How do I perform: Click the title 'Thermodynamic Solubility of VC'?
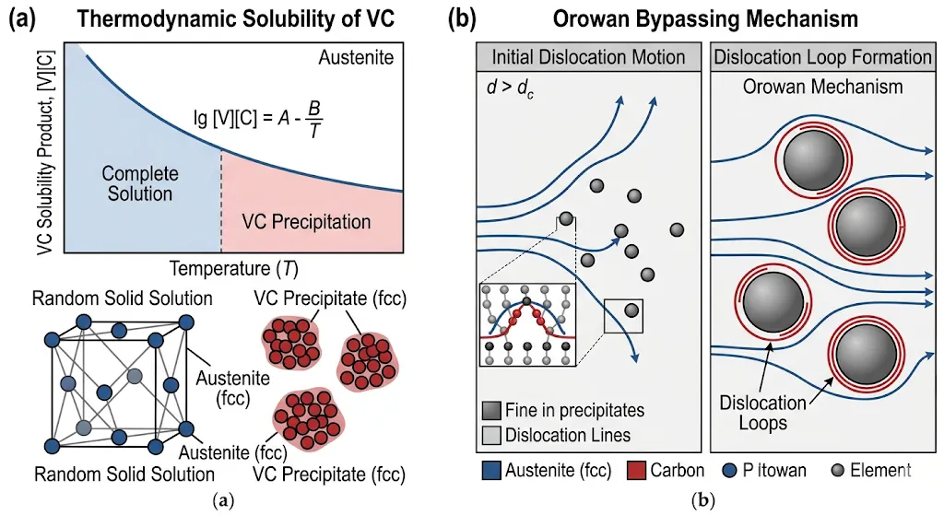235,18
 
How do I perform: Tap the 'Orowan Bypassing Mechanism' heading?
705,18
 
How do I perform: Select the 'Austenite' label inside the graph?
356,58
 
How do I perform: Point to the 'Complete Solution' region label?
140,183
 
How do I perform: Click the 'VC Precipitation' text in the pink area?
306,221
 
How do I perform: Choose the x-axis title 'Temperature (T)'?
233,268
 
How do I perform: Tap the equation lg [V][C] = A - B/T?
258,119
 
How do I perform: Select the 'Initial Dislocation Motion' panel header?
588,57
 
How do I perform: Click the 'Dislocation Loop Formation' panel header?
822,57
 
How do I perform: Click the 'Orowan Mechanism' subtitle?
822,87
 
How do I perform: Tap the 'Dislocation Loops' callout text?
762,413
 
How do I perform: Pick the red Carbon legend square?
636,471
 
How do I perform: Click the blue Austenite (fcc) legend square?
491,471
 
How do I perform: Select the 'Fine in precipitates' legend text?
575,410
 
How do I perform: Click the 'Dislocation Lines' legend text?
568,435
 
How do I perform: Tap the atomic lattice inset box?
528,325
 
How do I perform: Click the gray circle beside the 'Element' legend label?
837,471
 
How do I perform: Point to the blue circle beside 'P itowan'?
729,471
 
